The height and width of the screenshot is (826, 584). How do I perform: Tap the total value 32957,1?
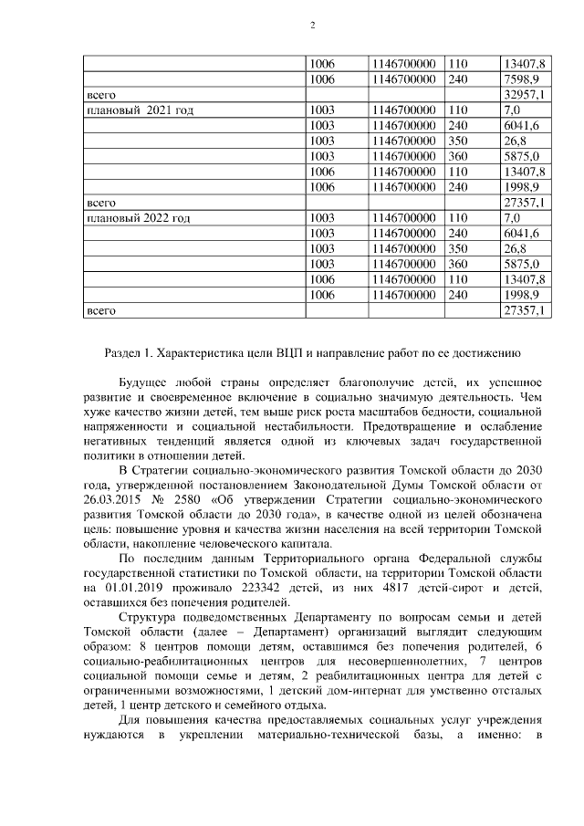pyautogui.click(x=524, y=95)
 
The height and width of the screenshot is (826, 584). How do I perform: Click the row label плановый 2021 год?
pyautogui.click(x=138, y=110)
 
